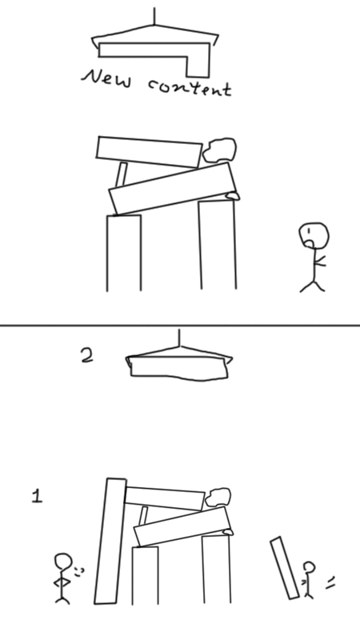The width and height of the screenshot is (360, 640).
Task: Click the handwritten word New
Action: click(107, 78)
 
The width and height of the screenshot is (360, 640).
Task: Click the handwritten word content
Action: click(190, 87)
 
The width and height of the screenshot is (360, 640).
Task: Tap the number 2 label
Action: click(87, 356)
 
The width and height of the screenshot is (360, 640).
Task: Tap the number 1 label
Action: click(37, 496)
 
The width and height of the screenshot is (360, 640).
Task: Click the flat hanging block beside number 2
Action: click(178, 369)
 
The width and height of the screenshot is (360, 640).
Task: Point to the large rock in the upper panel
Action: click(220, 150)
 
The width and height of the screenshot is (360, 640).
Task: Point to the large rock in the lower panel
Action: click(218, 498)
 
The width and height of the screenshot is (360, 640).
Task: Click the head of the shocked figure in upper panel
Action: click(314, 235)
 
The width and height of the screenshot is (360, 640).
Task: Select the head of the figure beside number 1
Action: click(63, 562)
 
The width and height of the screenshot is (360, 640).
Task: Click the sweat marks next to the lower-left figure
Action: click(79, 572)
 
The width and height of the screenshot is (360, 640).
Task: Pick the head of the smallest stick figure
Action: click(310, 568)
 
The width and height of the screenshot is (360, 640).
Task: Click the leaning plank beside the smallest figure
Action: click(285, 568)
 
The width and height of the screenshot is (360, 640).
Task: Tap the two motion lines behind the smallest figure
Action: click(330, 583)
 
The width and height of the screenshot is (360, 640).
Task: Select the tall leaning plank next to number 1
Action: click(110, 542)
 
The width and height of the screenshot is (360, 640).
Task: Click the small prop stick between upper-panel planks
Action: click(122, 174)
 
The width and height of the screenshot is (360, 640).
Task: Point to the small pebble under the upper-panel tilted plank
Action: click(233, 196)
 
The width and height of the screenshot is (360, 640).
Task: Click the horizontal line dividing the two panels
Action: click(180, 326)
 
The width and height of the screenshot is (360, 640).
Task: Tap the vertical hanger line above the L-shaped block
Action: click(154, 16)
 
